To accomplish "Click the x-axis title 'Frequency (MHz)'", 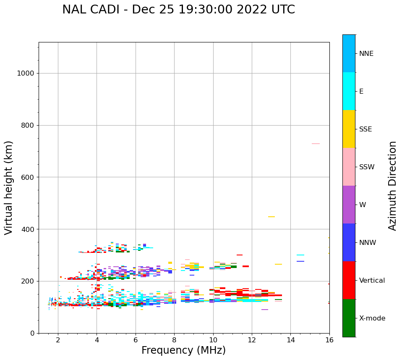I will (x=183, y=350).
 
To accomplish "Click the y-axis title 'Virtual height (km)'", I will (x=9, y=187).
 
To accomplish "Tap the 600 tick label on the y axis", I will (x=27, y=177).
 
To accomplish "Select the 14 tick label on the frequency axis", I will (x=290, y=340).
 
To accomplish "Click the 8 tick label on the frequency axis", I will (x=174, y=340).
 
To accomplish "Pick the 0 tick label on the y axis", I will (x=32, y=333).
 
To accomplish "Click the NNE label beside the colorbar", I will (x=366, y=54).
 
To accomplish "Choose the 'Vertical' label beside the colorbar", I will (x=372, y=281).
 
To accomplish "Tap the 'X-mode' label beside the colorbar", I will (x=372, y=318).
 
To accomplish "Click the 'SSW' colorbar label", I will (x=366, y=167).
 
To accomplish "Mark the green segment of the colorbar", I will (x=349, y=318).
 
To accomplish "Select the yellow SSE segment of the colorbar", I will (x=349, y=129).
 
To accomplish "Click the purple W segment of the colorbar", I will (x=349, y=205).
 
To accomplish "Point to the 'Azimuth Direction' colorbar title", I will (x=392, y=186).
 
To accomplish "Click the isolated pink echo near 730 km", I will (x=316, y=144).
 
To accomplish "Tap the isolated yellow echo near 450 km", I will (x=271, y=217).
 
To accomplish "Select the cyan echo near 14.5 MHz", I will (x=300, y=255).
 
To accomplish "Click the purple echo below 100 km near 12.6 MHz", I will (x=264, y=310).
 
